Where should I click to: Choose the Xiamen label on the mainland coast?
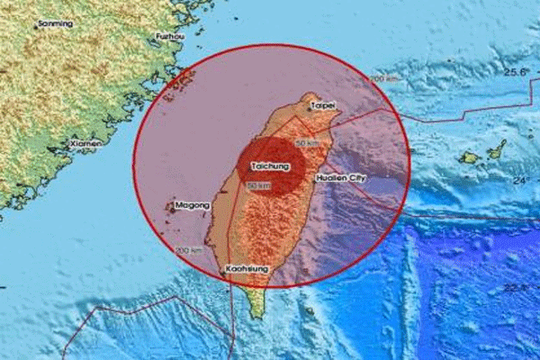[86, 144]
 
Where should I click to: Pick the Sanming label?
[56, 24]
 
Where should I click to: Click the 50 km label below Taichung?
[259, 185]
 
